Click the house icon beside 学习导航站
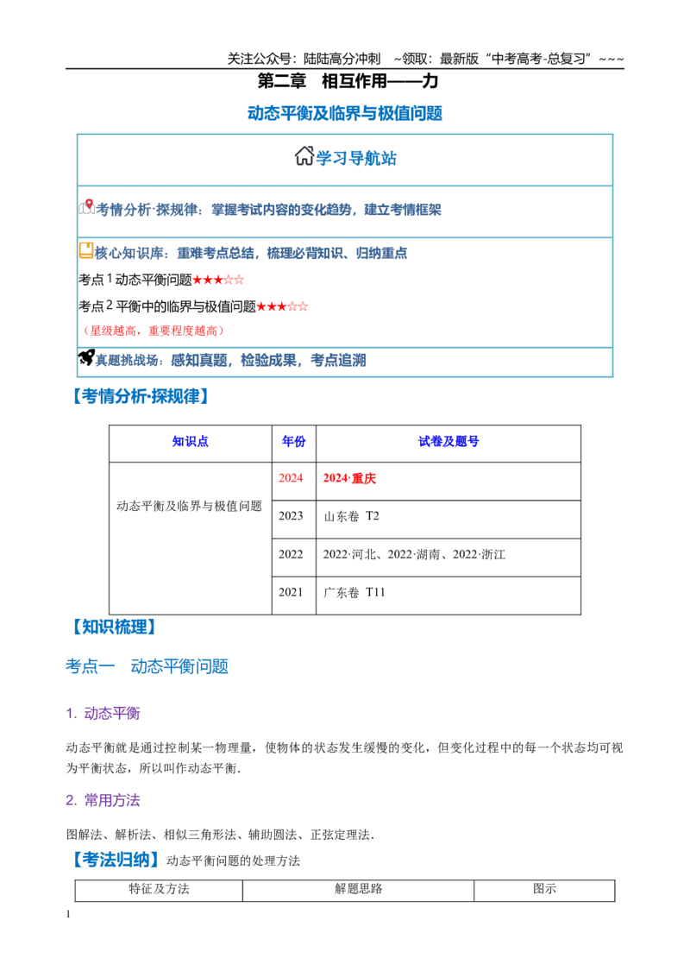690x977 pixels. click(x=304, y=155)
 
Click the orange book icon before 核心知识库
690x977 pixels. click(x=86, y=250)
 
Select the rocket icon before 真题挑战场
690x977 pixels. click(x=86, y=357)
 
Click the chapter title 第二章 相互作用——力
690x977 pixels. click(x=348, y=81)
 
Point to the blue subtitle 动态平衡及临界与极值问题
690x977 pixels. click(x=345, y=113)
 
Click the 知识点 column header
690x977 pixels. click(x=190, y=442)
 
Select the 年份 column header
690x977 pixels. click(x=293, y=442)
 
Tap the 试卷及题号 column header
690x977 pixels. click(x=448, y=442)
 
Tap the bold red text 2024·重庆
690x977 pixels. click(x=349, y=478)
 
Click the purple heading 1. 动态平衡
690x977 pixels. click(x=103, y=713)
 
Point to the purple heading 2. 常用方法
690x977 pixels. click(x=103, y=800)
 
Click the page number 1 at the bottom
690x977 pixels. click(x=68, y=914)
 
